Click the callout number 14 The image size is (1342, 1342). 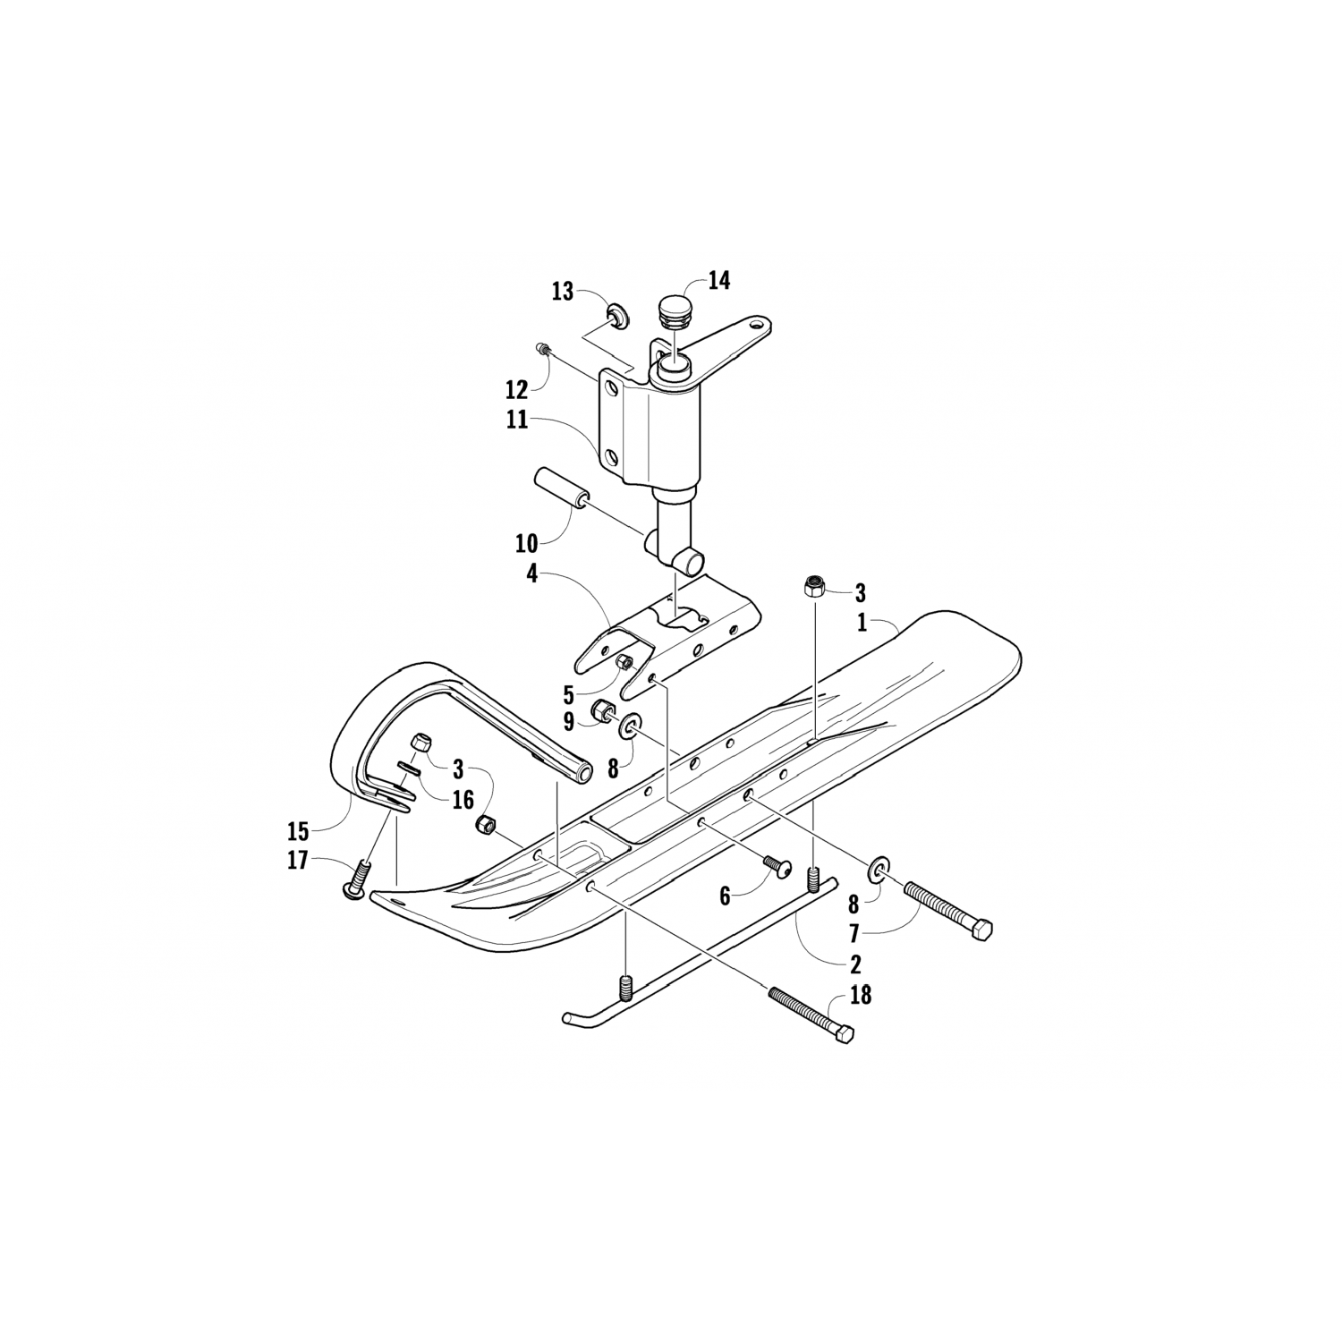click(x=718, y=281)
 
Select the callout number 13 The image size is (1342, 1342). click(x=562, y=292)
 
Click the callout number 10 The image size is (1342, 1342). click(x=526, y=543)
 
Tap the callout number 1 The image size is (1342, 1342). click(x=862, y=623)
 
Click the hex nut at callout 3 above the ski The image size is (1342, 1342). click(x=814, y=586)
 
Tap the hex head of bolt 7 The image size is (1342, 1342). click(x=982, y=931)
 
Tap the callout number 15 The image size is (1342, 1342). click(x=297, y=831)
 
